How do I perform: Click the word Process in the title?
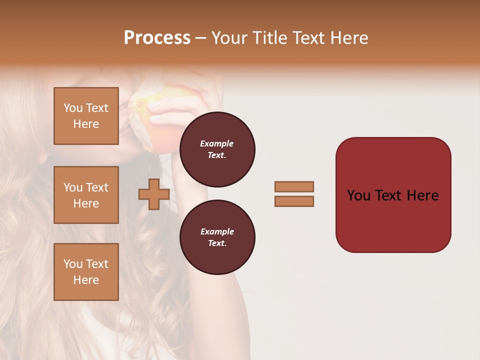157,38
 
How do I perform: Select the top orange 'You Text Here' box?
86,116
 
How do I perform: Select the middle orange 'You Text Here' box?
86,195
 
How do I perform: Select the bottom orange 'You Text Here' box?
86,271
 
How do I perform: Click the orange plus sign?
153,195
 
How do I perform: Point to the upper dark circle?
217,149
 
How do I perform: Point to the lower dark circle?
217,237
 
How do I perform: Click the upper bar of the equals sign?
294,186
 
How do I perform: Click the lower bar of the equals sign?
294,201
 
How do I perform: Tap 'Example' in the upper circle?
216,143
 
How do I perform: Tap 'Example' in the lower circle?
217,231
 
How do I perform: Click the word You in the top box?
73,108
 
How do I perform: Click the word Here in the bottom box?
86,280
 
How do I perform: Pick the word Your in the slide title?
229,38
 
